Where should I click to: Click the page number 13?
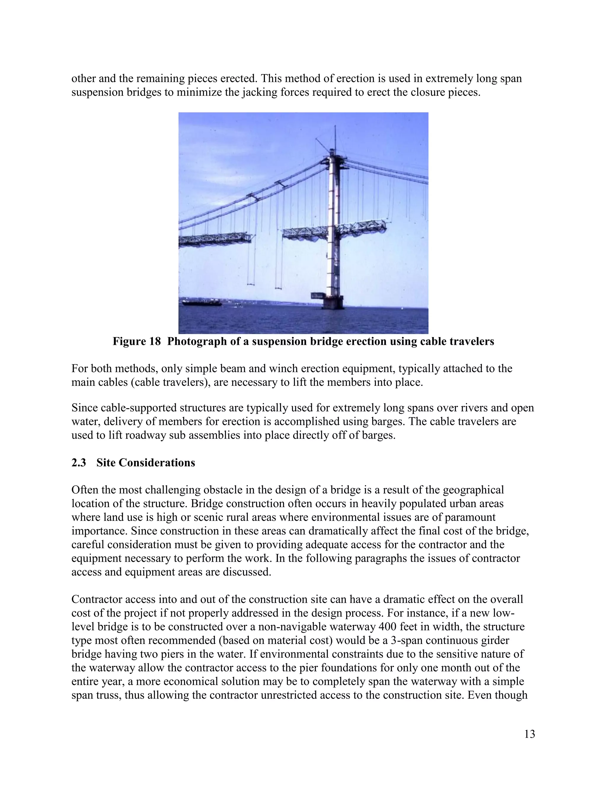coord(529,734)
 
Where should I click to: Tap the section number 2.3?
coord(78,463)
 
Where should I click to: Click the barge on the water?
coord(201,303)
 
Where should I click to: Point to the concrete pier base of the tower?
coord(332,303)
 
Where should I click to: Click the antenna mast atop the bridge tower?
coord(335,137)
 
